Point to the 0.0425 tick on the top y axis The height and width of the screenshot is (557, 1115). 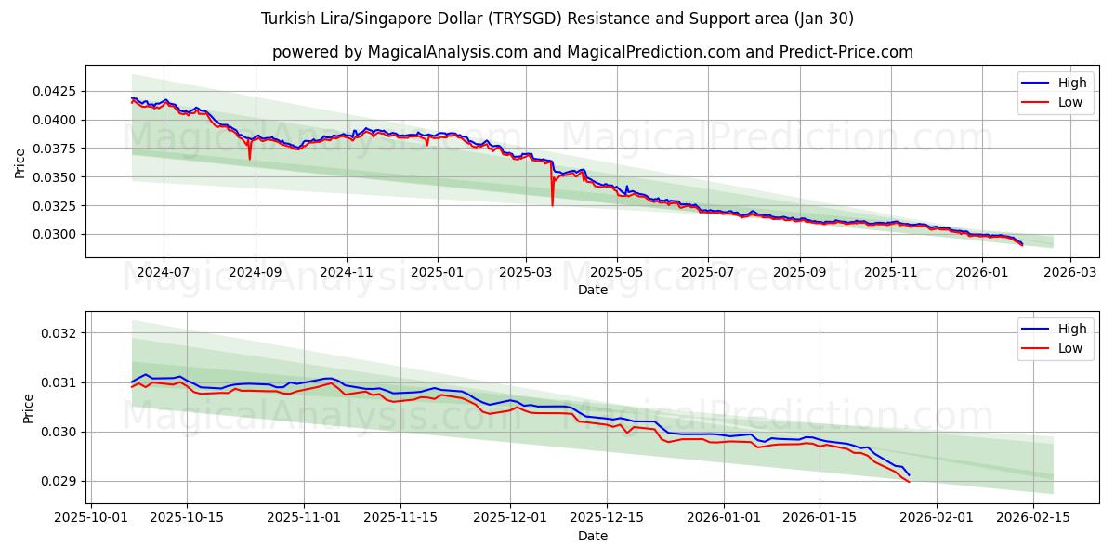(59, 92)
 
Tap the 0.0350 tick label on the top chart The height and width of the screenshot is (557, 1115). (59, 177)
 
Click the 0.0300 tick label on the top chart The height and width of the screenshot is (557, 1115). (59, 234)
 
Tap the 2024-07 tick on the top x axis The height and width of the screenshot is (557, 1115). (164, 273)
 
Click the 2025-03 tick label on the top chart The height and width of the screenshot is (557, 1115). (526, 273)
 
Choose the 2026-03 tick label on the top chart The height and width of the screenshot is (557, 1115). (1070, 273)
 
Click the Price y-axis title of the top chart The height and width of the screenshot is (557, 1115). (20, 162)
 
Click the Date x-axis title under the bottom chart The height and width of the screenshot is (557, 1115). (593, 536)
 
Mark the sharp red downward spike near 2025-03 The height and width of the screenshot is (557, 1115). (552, 202)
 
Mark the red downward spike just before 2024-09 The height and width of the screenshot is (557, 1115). (249, 158)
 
